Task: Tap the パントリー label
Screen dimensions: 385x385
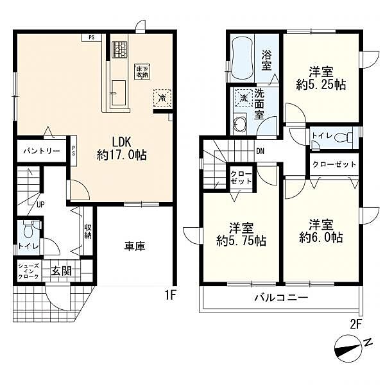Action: pos(42,151)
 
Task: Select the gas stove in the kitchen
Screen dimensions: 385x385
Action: pos(119,49)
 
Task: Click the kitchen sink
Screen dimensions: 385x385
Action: pos(119,93)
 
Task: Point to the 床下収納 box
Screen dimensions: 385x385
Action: pos(142,71)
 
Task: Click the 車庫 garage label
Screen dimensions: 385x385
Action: pos(135,246)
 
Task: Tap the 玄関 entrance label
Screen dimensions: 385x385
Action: pos(62,271)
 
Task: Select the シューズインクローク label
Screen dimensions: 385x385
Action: pos(28,271)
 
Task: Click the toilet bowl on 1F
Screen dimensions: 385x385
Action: pos(28,230)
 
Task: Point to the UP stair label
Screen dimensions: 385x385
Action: pos(40,204)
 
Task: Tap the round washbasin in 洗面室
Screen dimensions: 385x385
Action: pos(239,125)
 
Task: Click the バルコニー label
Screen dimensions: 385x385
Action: pos(281,298)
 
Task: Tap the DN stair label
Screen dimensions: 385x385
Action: pos(261,151)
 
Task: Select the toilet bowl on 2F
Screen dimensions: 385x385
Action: pos(343,137)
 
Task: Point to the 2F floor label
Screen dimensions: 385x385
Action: pos(356,325)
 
